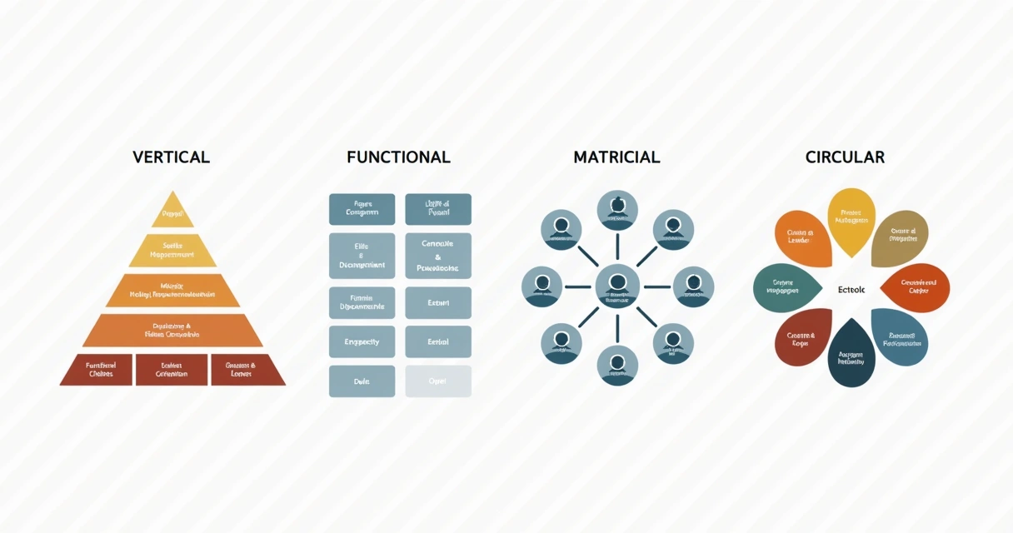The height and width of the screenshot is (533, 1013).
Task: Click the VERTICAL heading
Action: tap(171, 157)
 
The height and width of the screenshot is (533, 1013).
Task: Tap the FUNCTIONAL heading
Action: tap(398, 157)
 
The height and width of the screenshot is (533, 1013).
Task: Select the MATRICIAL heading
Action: tap(616, 157)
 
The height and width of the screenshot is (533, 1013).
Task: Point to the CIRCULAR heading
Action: tap(845, 157)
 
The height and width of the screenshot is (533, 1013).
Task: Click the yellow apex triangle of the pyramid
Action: tap(172, 212)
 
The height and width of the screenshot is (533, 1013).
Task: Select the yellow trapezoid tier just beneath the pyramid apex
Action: tap(172, 250)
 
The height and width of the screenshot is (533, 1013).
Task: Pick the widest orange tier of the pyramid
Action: tap(172, 330)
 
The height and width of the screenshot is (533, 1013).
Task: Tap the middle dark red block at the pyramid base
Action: tap(172, 369)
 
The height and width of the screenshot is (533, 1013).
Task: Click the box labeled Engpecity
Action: tap(362, 341)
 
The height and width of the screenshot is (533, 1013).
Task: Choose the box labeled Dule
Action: tap(362, 381)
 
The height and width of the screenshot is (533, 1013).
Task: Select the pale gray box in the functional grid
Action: tap(437, 381)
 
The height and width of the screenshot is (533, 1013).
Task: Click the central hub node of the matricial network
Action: tap(617, 286)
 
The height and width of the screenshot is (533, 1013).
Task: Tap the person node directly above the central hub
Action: tap(617, 209)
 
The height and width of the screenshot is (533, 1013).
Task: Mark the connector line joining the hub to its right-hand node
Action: tap(656, 286)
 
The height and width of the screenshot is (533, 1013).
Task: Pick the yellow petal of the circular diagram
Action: tap(852, 220)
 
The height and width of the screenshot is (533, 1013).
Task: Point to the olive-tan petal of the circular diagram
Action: tap(900, 237)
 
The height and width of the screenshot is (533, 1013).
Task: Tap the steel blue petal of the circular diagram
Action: tap(900, 337)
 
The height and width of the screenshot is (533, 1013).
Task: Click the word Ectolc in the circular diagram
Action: tap(851, 289)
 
